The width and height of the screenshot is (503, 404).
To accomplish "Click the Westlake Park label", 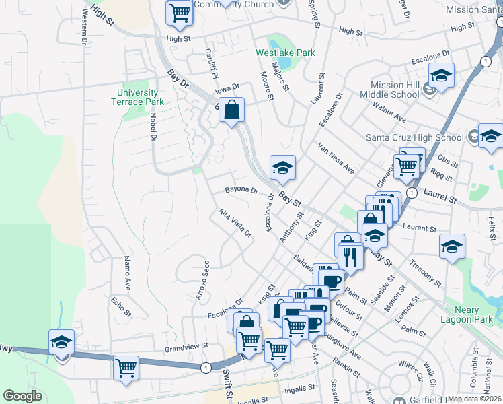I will click(x=285, y=52).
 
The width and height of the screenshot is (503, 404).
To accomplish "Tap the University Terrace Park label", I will click(x=137, y=97).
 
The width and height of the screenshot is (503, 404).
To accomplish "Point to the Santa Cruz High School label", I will click(x=414, y=137).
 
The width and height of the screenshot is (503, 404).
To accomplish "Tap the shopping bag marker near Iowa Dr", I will click(x=231, y=112).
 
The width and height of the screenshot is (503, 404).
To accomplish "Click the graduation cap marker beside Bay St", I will click(x=283, y=168).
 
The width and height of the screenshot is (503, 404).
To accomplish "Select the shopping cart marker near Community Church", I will click(x=179, y=13).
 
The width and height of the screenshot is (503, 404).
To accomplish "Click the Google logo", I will click(x=22, y=396).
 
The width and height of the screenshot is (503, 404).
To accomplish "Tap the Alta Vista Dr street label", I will click(x=234, y=224).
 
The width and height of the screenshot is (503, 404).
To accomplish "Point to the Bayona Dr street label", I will click(x=241, y=191).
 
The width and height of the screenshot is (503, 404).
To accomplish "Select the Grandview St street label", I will click(x=184, y=349).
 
